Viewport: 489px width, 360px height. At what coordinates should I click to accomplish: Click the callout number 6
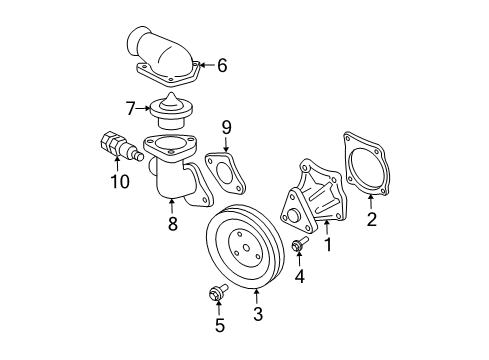coord(221,66)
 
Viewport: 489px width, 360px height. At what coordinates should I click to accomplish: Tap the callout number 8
coord(172,225)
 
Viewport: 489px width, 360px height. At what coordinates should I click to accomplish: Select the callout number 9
coord(227,128)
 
